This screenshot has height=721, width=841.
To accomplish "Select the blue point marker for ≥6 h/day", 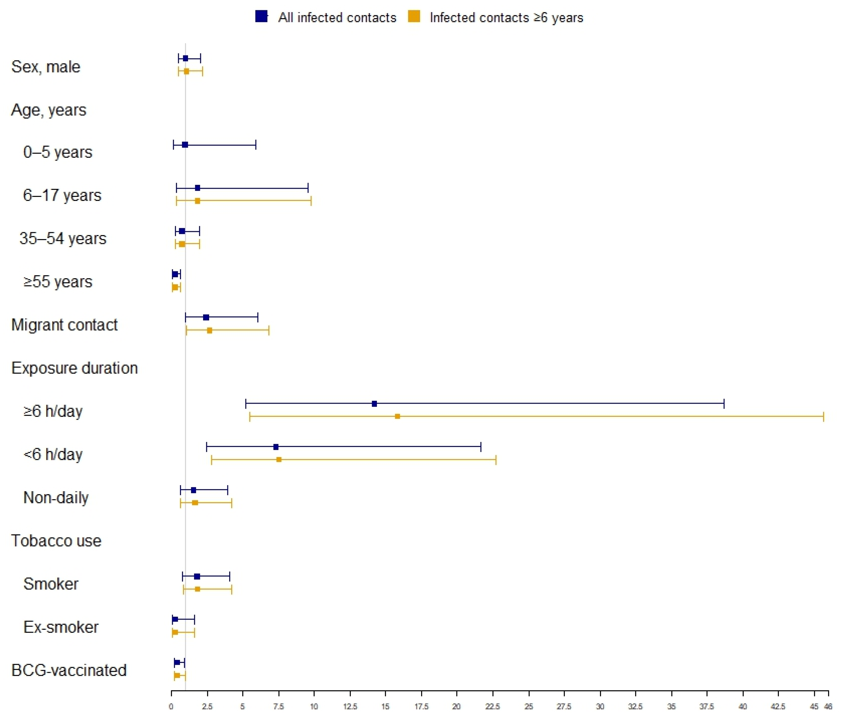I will (374, 404).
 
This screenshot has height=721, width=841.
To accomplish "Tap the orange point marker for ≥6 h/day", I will (397, 416).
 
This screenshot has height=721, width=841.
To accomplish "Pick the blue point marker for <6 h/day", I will (276, 447).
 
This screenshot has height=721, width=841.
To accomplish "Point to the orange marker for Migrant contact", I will (209, 330).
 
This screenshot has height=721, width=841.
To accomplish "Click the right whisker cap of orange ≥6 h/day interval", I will (824, 416).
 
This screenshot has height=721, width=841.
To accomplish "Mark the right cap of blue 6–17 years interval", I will (308, 188).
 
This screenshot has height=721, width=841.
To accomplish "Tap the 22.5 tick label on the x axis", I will (492, 707).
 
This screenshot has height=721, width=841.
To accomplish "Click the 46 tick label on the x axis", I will (828, 707).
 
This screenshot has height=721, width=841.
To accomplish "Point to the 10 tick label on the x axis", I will (314, 707).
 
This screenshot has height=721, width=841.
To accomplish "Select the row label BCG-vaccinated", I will (69, 670).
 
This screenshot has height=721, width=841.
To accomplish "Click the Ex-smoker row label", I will (61, 627).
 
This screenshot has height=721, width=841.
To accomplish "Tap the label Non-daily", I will (56, 497).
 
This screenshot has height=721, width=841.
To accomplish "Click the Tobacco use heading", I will (56, 540).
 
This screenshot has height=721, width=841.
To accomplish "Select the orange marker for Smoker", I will (198, 589).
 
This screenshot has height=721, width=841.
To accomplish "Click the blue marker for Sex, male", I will (185, 58).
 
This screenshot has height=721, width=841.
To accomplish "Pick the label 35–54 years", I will (63, 238).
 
